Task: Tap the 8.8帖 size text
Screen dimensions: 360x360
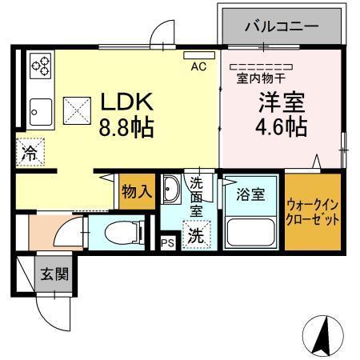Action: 126,127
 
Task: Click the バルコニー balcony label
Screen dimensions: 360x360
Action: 282,26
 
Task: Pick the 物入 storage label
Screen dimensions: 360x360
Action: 136,191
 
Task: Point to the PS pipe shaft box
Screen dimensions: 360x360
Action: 168,243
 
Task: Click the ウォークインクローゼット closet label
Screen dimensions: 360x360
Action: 314,211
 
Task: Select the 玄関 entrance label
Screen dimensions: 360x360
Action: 54,274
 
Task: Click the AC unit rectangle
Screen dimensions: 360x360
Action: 193,56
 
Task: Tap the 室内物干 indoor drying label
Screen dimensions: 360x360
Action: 259,78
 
